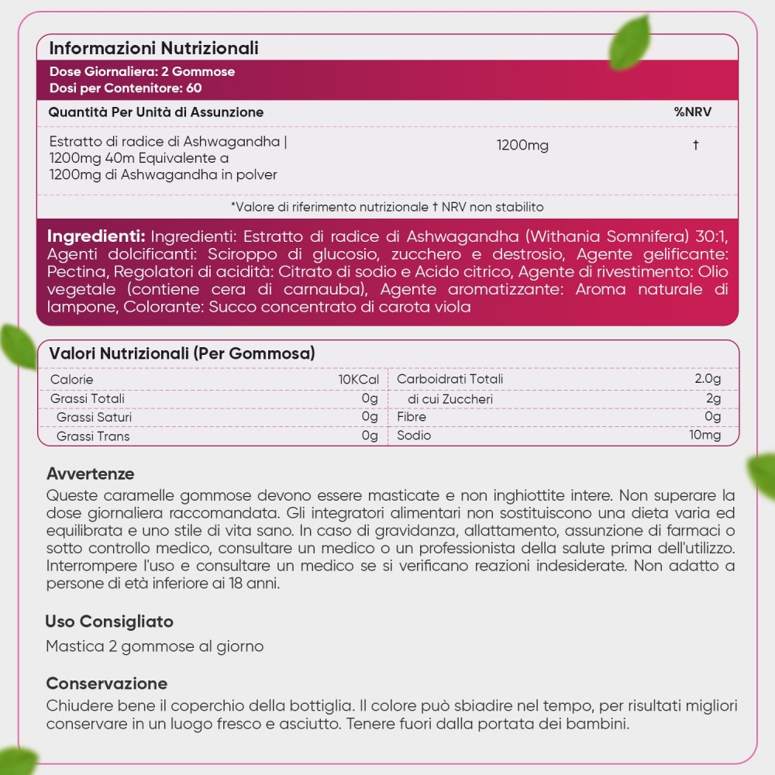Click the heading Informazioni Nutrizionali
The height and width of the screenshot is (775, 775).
153,48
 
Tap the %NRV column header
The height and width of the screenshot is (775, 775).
693,112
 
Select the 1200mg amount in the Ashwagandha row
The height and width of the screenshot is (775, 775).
522,146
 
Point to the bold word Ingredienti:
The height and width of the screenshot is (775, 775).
96,236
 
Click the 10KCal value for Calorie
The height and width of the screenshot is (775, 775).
358,379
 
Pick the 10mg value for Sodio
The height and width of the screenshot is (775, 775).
705,436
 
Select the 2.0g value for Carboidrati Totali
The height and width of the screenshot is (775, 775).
708,379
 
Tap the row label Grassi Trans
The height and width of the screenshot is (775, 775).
93,436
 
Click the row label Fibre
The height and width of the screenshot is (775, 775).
412,417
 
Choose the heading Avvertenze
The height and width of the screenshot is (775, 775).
90,474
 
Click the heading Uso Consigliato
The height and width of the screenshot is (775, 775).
109,622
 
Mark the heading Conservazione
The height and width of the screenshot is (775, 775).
107,684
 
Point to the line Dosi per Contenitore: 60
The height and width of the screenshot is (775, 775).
125,87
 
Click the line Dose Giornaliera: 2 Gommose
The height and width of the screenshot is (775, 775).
142,71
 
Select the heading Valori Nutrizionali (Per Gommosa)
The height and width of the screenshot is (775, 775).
181,353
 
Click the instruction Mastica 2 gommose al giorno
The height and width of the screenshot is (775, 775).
155,646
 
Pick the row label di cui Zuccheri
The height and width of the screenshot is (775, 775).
450,399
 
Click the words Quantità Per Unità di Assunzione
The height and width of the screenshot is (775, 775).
156,112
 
